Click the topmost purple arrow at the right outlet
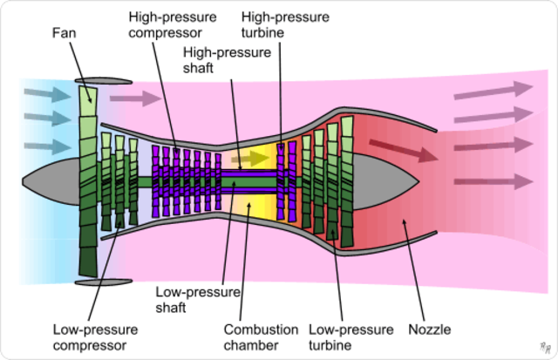click(x=493, y=90)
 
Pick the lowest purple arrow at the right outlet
click(x=493, y=181)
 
